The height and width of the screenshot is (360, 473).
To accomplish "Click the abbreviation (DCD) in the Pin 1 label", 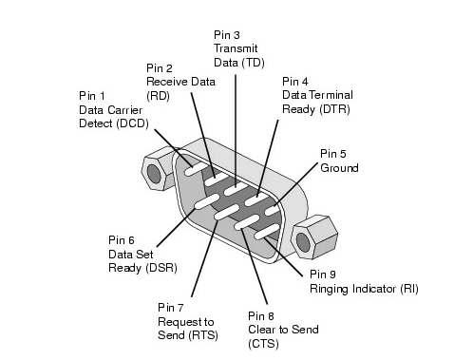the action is click(133, 123).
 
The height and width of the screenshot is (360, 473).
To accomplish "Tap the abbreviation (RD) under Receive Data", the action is click(158, 96).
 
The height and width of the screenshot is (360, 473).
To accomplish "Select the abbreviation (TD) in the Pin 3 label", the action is click(253, 63).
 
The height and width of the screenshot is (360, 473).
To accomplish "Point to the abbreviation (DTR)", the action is click(334, 109).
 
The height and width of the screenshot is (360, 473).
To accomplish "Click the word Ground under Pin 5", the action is click(339, 168).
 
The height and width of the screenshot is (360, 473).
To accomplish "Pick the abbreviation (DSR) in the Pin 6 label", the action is click(161, 268).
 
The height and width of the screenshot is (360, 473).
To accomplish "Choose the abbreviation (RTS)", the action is click(203, 335).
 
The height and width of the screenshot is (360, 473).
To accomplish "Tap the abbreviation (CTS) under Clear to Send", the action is click(263, 344).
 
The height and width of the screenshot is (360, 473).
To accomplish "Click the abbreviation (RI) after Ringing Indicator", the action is click(409, 289).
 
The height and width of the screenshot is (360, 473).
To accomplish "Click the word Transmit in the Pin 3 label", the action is click(236, 48).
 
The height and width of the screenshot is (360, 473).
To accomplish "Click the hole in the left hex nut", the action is click(154, 174).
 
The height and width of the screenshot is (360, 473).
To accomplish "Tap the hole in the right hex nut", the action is click(303, 242).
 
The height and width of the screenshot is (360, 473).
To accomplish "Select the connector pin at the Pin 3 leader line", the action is click(236, 189).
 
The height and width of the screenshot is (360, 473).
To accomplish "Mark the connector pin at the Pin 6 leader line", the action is click(206, 201).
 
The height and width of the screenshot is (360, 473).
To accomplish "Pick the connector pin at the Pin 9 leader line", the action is click(267, 232).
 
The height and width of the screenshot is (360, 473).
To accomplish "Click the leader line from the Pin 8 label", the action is click(254, 266).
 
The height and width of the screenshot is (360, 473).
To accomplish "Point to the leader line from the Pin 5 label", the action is click(295, 184).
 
